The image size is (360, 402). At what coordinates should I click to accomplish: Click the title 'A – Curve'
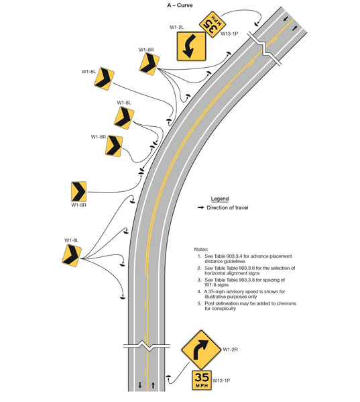point(180,5)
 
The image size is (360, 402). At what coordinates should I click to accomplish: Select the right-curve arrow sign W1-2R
point(199,349)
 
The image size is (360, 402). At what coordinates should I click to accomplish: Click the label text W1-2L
point(178,28)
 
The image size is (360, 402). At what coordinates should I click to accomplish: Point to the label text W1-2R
point(231,349)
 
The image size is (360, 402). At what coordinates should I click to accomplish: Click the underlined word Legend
point(220,199)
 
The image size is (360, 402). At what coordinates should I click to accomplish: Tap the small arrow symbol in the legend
point(200,208)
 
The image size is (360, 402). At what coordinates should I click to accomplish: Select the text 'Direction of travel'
point(227,208)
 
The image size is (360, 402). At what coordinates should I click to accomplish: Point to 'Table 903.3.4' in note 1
point(235,256)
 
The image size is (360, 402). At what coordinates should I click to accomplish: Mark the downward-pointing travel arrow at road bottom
point(139,385)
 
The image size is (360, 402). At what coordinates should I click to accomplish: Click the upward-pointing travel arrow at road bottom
point(154,385)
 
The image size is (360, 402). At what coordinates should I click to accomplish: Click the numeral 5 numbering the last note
point(199,303)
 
